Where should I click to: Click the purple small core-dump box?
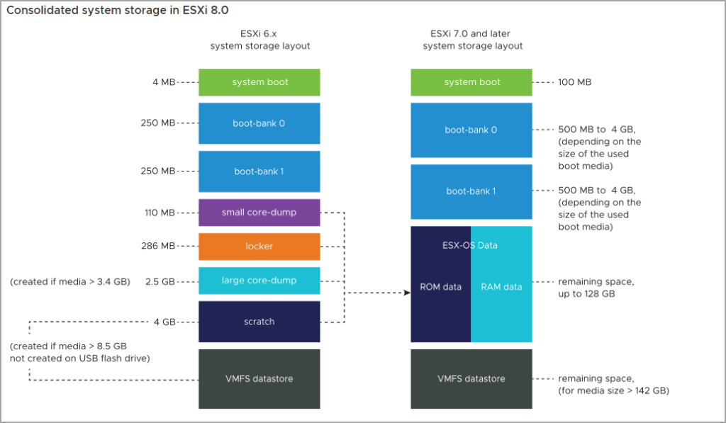(x=259, y=213)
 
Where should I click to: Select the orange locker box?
(x=259, y=247)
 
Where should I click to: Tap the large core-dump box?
(x=259, y=281)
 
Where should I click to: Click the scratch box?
(x=259, y=322)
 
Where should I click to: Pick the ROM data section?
(x=440, y=287)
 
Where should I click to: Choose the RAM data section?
(x=501, y=287)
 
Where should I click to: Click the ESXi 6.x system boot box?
(x=259, y=82)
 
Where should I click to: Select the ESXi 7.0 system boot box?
(x=471, y=82)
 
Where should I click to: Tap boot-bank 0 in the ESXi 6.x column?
(x=259, y=123)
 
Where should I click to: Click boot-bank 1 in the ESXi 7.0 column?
(x=471, y=191)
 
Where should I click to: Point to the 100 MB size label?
(x=574, y=82)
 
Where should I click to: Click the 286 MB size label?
(x=157, y=247)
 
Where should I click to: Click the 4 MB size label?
(x=163, y=82)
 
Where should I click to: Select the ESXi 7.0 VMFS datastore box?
(x=471, y=378)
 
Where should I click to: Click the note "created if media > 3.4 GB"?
(x=70, y=281)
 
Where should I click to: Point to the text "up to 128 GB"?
(x=586, y=293)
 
